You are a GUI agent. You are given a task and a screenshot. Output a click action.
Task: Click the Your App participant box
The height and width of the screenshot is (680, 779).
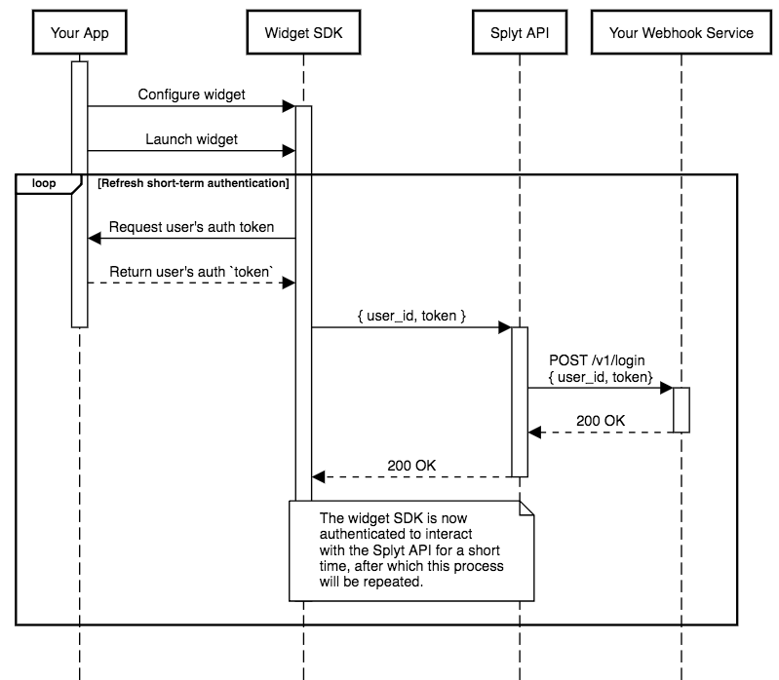(x=80, y=32)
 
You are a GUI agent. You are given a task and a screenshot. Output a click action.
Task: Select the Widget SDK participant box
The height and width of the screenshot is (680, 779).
(x=303, y=32)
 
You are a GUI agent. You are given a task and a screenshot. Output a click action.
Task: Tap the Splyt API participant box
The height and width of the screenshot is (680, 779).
(x=520, y=32)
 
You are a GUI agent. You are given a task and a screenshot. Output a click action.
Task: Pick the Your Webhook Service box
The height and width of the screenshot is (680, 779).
(x=682, y=32)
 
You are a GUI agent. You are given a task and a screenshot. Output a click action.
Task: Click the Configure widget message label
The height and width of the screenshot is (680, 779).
(x=191, y=94)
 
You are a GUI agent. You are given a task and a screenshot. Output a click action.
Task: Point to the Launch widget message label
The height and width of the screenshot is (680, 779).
(x=191, y=139)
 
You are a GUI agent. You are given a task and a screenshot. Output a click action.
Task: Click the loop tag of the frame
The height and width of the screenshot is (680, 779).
(x=44, y=183)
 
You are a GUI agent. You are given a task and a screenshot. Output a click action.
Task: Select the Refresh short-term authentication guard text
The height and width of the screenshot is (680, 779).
(x=193, y=183)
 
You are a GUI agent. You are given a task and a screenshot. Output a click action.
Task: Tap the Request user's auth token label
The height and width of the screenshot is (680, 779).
(x=191, y=227)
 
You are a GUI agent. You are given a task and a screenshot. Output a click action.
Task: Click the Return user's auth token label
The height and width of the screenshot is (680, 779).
(x=191, y=272)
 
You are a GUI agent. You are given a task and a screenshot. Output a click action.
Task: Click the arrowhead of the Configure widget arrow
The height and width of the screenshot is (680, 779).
(x=290, y=106)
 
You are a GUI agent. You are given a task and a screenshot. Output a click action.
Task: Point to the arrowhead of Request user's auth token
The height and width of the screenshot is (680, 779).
(x=95, y=239)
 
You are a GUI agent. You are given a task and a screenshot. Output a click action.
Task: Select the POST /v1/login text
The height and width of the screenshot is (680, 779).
(x=597, y=359)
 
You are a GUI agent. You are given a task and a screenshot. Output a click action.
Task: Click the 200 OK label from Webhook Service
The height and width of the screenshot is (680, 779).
(x=601, y=421)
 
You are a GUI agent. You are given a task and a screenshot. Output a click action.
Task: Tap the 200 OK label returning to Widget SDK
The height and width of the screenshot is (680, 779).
(x=411, y=466)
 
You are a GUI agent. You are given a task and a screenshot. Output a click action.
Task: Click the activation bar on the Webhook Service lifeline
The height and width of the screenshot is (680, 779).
(x=682, y=410)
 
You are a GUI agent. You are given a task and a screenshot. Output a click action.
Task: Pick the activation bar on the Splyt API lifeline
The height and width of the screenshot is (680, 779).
(x=520, y=402)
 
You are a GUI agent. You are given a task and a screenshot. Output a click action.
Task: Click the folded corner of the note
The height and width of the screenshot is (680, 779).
(x=526, y=509)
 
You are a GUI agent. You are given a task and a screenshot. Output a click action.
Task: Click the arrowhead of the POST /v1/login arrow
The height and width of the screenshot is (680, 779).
(x=667, y=388)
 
